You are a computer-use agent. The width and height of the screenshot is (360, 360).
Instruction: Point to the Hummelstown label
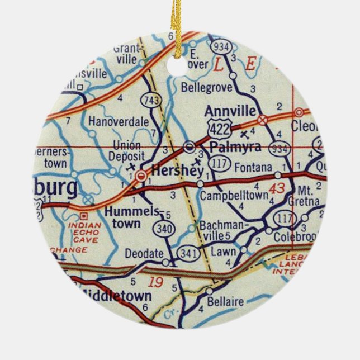(126, 217)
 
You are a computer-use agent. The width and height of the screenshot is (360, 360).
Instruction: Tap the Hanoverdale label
(115, 120)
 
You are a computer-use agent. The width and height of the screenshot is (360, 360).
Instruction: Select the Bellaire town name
(225, 302)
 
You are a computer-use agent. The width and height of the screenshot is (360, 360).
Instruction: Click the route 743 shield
(151, 100)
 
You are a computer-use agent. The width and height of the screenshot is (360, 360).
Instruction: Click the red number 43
(276, 188)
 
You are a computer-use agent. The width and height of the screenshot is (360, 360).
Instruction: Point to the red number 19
(158, 282)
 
